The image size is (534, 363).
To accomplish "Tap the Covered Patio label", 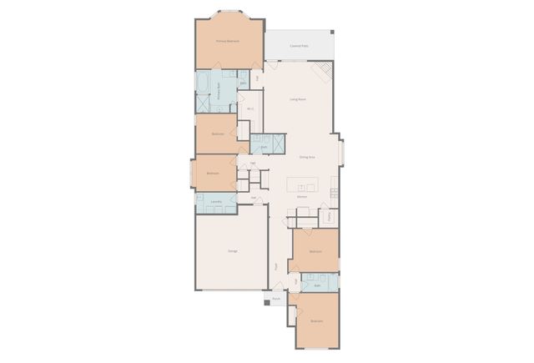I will click(299, 46).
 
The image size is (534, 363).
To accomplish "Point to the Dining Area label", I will click(306, 157).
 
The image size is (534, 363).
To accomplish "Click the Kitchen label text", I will click(302, 197).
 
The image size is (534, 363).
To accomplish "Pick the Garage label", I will click(232, 250).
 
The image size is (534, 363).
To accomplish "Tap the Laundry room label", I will click(216, 202).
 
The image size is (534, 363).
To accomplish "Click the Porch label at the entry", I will click(276, 297).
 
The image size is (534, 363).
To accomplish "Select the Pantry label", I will click(330, 216).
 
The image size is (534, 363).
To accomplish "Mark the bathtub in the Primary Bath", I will click(203, 82).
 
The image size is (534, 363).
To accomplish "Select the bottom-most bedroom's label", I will click(317, 320).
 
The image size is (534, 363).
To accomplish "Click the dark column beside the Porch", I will click(267, 302).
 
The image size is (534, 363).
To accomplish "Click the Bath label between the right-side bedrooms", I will click(317, 285).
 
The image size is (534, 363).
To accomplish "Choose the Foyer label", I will click(276, 267).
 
